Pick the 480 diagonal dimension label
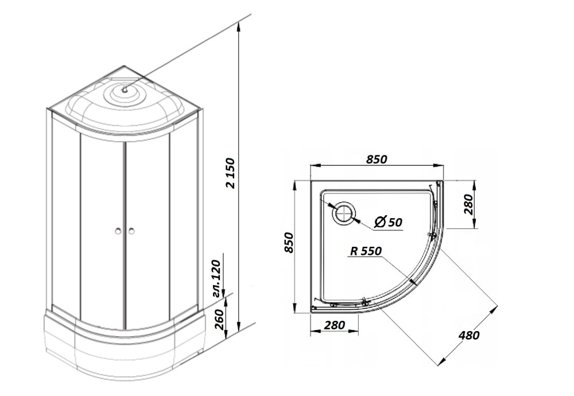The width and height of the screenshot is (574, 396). coord(469,335)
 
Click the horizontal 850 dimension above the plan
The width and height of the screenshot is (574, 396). coord(376,159)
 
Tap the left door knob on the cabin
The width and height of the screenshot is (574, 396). coord(118,231)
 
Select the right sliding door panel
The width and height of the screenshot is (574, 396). coord(148,230)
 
